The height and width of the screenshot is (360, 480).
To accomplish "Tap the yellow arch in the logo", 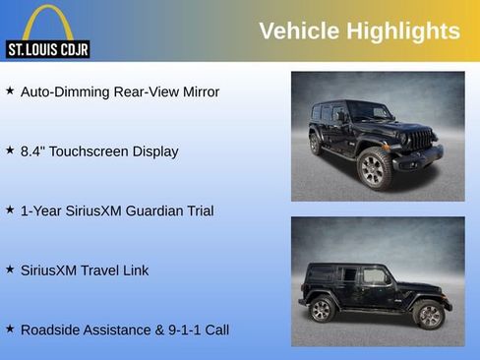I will click(x=47, y=22).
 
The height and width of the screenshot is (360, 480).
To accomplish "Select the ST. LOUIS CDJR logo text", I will click(x=47, y=48).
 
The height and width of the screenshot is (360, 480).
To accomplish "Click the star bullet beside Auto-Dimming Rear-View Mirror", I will click(x=10, y=90).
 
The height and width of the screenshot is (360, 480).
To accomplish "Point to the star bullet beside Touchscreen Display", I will click(x=10, y=150).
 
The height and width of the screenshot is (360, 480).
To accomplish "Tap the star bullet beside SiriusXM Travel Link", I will click(x=10, y=269).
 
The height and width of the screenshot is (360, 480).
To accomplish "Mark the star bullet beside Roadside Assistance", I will click(x=10, y=329).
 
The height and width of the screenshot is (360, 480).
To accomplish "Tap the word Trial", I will click(x=198, y=210).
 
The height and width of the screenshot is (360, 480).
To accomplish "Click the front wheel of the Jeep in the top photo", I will click(x=374, y=168).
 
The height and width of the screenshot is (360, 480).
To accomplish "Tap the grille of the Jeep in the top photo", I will click(x=421, y=140).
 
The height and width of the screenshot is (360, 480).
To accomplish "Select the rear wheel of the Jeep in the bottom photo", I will click(x=322, y=310).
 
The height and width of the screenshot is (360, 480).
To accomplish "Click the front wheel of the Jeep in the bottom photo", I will click(x=429, y=314).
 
